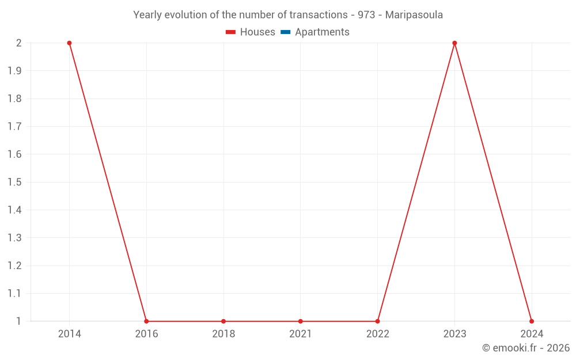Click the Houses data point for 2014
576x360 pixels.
tap(69, 43)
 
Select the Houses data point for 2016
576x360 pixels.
tap(146, 321)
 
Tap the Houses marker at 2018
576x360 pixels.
tap(223, 321)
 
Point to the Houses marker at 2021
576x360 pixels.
tap(301, 321)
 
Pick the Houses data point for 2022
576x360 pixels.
tap(377, 321)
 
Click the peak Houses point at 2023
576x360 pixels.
tap(454, 43)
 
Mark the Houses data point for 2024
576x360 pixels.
tap(532, 321)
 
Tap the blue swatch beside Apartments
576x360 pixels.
tap(285, 32)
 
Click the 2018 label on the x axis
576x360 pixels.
tap(223, 334)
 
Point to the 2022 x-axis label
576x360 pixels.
tap(377, 334)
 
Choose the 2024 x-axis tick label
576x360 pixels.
tap(532, 334)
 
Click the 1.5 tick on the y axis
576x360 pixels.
tap(14, 183)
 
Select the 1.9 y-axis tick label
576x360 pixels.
tap(14, 71)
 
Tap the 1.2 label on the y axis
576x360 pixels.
tap(14, 266)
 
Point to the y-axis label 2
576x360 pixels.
tap(18, 43)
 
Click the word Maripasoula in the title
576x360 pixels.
tap(414, 15)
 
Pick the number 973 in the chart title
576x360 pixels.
tap(366, 15)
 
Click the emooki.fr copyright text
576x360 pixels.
tap(525, 348)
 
